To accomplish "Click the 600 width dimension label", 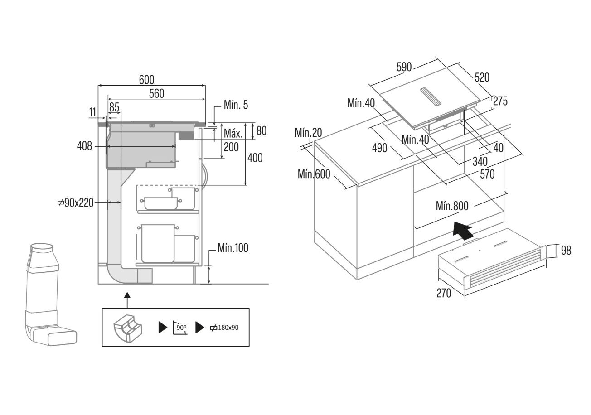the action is (x=146, y=80).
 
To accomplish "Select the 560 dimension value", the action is (x=156, y=93).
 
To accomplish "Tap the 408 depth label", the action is (x=84, y=145).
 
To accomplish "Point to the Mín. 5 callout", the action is (x=236, y=105).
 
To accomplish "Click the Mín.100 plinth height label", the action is (x=233, y=248).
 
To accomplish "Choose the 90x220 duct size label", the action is (x=76, y=203).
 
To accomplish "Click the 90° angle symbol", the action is (x=180, y=328).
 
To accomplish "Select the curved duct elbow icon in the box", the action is (x=128, y=328).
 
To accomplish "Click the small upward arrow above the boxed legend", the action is (x=127, y=300).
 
